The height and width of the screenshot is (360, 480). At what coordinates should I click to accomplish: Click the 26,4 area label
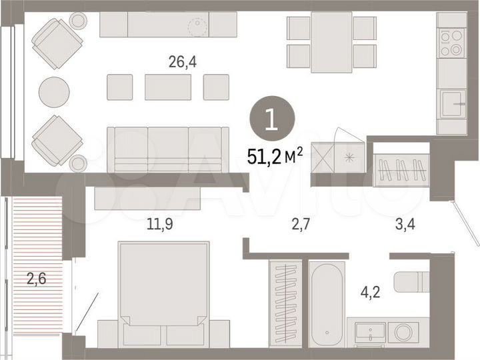coord(183,63)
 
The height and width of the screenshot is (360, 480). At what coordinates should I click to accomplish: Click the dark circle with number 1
coord(270,121)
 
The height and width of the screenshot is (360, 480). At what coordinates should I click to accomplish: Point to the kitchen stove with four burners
coord(451,43)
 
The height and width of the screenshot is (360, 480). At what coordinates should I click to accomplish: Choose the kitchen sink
coord(451,103)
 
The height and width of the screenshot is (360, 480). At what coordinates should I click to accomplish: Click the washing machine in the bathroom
coord(403,331)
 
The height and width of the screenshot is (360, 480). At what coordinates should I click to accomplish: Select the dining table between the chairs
coord(331,41)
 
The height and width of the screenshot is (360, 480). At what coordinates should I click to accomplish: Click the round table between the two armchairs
coord(53,92)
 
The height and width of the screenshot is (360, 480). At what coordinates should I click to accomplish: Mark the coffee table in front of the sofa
coord(168,87)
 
